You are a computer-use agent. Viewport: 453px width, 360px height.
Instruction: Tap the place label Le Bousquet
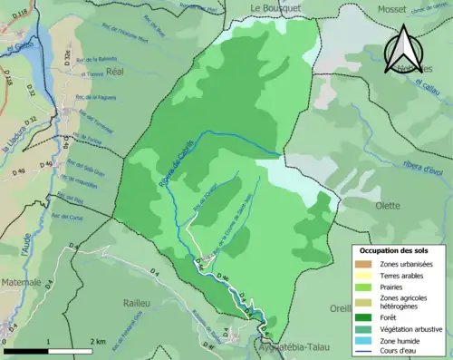click(x=274, y=8)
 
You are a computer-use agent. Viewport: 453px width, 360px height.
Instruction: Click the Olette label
click(x=388, y=206)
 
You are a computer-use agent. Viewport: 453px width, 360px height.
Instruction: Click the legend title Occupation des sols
click(x=393, y=249)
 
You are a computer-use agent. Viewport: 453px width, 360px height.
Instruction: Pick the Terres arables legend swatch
click(x=365, y=276)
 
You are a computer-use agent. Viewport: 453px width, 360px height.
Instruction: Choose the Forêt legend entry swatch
click(x=365, y=317)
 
